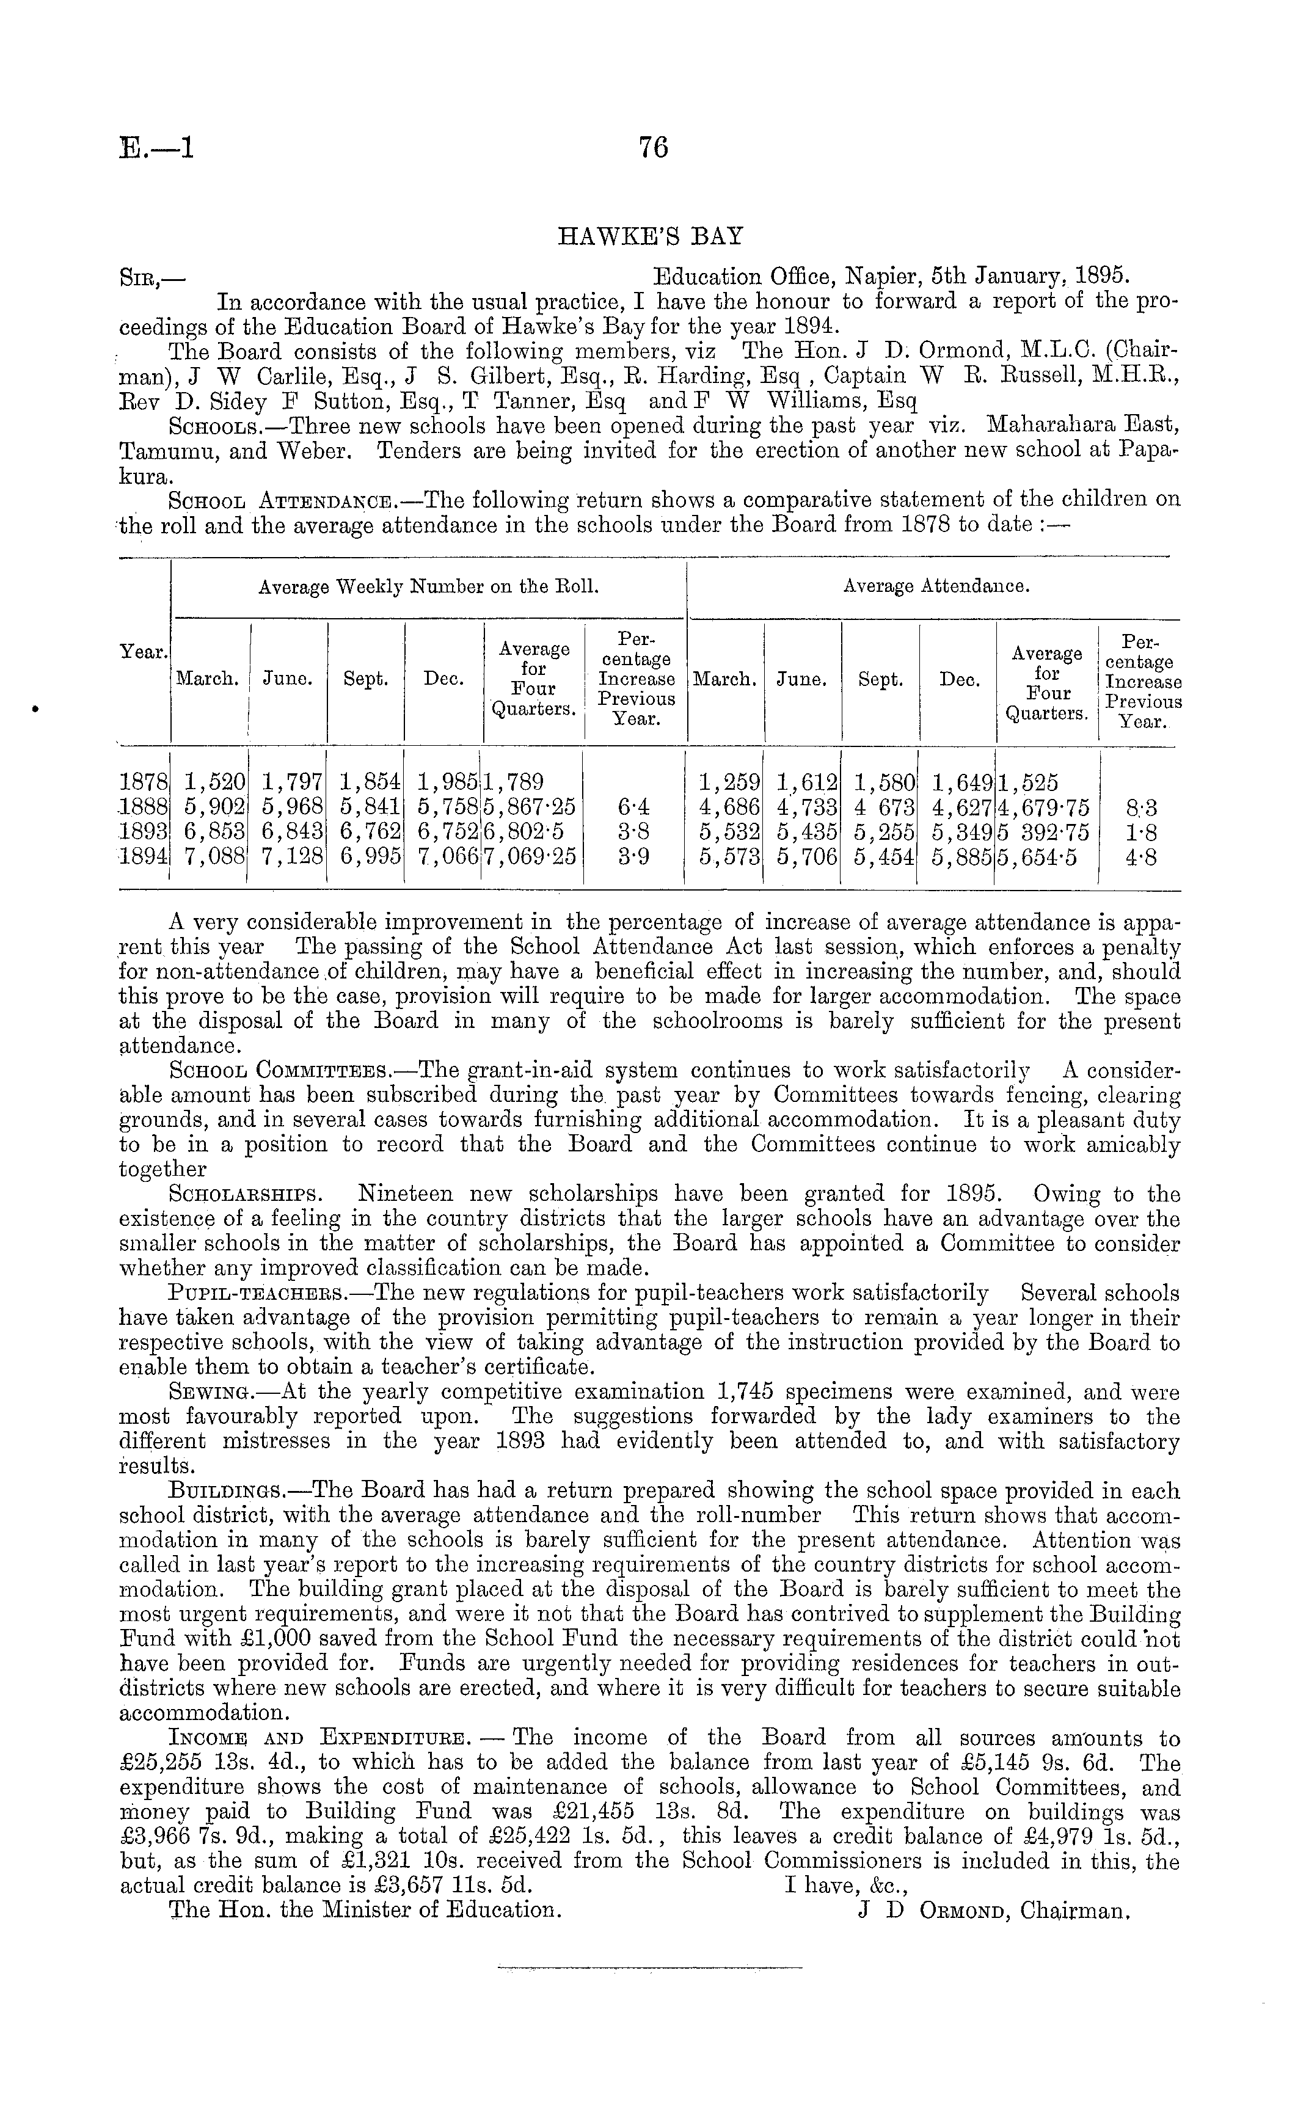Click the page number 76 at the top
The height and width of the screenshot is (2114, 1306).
click(x=653, y=148)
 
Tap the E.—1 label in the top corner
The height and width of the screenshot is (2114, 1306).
click(x=156, y=148)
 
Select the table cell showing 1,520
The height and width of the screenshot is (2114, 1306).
click(x=214, y=783)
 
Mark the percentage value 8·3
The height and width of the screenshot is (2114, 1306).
click(x=1142, y=808)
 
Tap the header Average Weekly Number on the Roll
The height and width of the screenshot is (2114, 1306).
click(x=428, y=587)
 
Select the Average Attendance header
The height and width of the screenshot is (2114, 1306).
click(x=935, y=587)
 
